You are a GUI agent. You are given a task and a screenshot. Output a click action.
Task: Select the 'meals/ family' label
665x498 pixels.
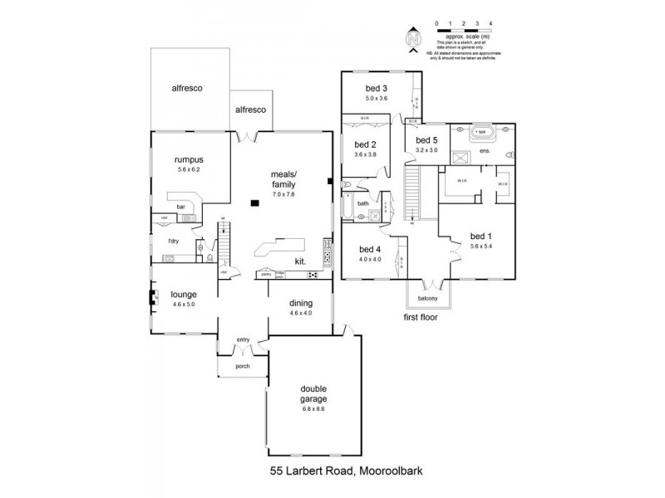pos(283,180)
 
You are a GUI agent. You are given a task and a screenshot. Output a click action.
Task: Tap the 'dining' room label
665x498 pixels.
pos(300,304)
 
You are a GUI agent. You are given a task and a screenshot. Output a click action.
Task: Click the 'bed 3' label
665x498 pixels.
pos(377,88)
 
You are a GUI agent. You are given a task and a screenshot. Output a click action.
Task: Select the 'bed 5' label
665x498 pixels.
pos(426,140)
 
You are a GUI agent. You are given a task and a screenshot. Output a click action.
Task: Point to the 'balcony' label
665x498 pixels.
pos(427,298)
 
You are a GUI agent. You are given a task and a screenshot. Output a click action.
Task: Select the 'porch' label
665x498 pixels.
pos(243,366)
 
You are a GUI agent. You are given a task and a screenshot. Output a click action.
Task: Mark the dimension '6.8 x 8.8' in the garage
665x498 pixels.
pos(313,408)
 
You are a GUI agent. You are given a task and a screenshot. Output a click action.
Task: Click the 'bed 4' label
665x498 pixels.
pos(370,249)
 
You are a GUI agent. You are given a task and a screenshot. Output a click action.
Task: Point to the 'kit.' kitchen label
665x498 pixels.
pos(301,261)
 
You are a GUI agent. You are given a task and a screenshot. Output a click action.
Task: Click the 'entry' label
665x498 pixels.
pos(243,339)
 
